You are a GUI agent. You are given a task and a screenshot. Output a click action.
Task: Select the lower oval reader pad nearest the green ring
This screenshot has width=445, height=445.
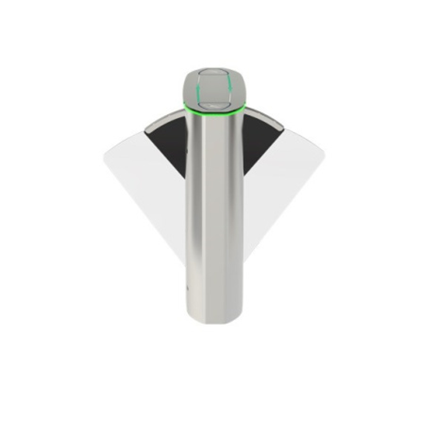tap(214, 104)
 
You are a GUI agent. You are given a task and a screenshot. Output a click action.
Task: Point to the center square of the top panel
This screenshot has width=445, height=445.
tap(214, 88)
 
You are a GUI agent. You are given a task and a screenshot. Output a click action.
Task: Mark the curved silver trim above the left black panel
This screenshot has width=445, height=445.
tap(162, 120)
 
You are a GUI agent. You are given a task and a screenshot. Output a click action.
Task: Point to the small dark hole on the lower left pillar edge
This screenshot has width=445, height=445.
tap(187, 289)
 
